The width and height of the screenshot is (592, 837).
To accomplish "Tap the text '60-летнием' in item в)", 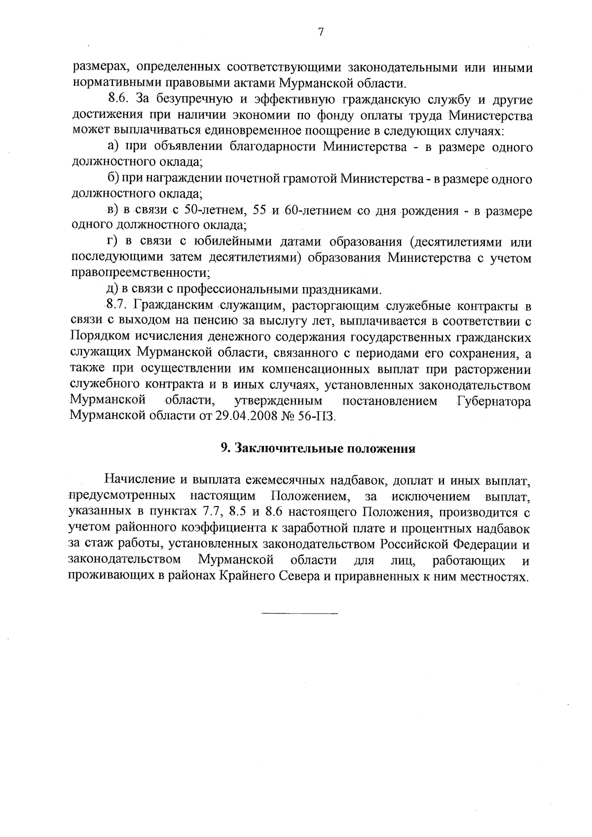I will [x=318, y=211].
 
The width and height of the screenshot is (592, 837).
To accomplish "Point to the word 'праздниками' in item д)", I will [x=342, y=290].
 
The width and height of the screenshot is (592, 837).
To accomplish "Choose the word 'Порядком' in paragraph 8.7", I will [x=100, y=338].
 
